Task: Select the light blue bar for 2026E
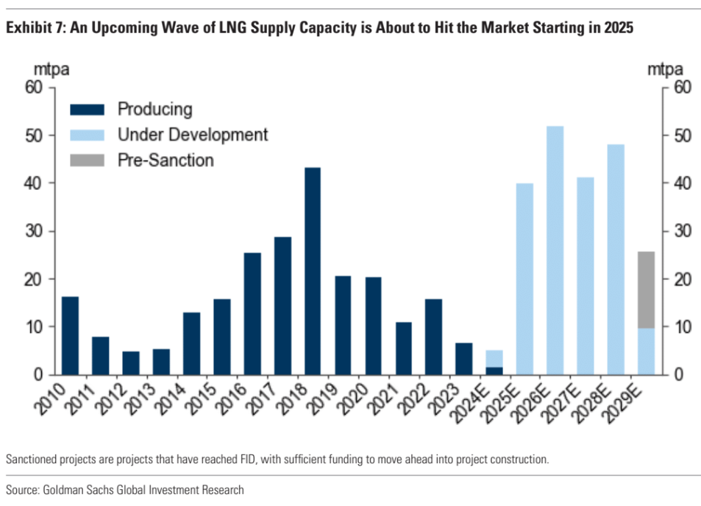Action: coord(555,250)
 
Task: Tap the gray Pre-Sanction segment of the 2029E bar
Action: coord(646,289)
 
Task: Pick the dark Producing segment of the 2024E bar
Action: coord(494,370)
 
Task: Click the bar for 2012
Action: coord(130,362)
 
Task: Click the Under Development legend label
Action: coord(193,135)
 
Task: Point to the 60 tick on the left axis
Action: coord(35,88)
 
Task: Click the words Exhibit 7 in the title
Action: coord(35,28)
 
